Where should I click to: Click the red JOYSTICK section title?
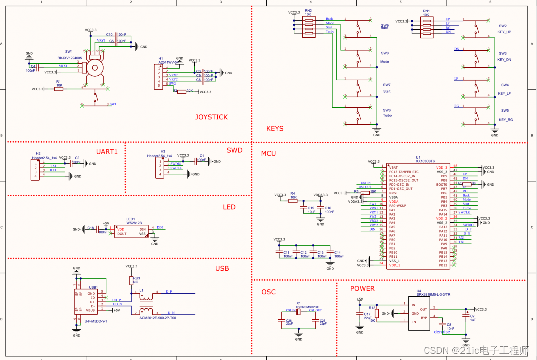pyautogui.click(x=211, y=117)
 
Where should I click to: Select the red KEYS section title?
pyautogui.click(x=275, y=128)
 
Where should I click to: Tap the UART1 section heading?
pyautogui.click(x=106, y=151)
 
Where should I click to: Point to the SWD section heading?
pyautogui.click(x=234, y=150)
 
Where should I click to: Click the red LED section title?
pyautogui.click(x=229, y=207)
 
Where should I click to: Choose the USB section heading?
pyautogui.click(x=222, y=268)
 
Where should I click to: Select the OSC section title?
pyautogui.click(x=268, y=292)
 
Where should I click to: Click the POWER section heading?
pyautogui.click(x=362, y=288)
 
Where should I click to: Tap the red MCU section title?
pyautogui.click(x=268, y=153)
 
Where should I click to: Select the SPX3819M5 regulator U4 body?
pyautogui.click(x=420, y=313)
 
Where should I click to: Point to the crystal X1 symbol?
pyautogui.click(x=298, y=312)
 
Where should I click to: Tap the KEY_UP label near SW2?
pyautogui.click(x=504, y=32)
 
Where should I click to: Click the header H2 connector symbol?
pyautogui.click(x=35, y=169)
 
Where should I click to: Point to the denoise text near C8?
pyautogui.click(x=442, y=331)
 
